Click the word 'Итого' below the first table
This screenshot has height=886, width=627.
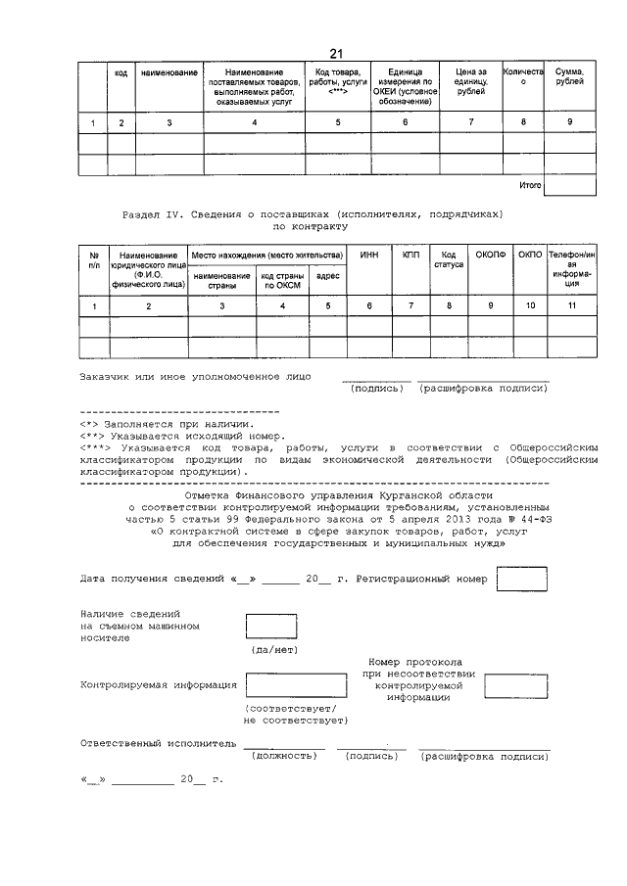(x=529, y=184)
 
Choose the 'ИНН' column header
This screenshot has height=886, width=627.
(x=369, y=255)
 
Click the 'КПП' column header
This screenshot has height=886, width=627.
(x=410, y=255)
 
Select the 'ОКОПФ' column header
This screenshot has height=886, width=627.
(x=488, y=255)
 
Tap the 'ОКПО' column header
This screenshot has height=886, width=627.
(x=530, y=255)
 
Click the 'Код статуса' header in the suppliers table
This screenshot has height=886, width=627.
(x=449, y=260)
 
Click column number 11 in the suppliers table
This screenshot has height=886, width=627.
(x=571, y=307)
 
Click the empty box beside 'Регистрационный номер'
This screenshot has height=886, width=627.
(x=521, y=580)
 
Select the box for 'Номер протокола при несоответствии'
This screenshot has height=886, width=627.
(x=516, y=686)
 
